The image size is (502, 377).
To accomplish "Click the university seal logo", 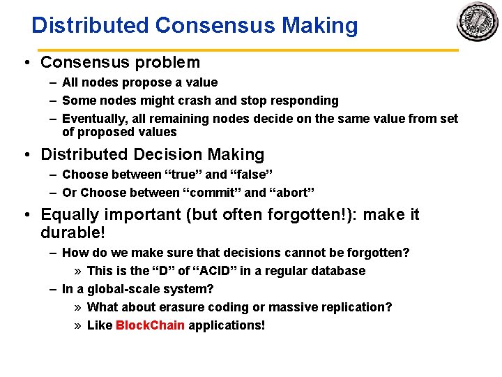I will (x=478, y=22).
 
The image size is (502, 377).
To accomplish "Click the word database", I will (x=337, y=270).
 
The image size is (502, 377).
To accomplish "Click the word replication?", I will (x=357, y=307).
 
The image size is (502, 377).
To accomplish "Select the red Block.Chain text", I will (x=150, y=325).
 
